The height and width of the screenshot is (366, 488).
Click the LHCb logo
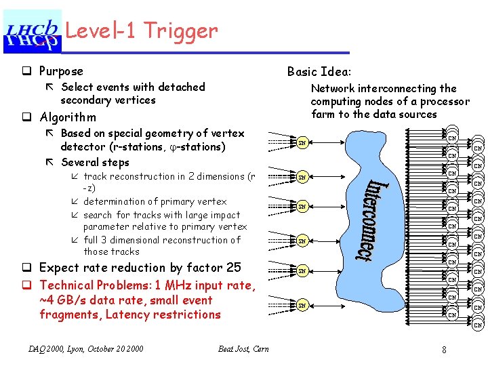(x=33, y=32)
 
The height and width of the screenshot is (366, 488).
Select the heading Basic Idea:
(x=319, y=71)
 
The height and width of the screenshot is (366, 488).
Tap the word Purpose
(x=61, y=71)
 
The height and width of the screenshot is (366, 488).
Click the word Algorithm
(x=68, y=117)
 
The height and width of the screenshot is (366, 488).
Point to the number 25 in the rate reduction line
(x=234, y=268)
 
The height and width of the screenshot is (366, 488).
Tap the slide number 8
(x=443, y=350)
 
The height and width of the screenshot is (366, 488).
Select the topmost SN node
(x=303, y=142)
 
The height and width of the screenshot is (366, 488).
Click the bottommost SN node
(x=303, y=306)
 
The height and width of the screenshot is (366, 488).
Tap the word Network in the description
(x=333, y=88)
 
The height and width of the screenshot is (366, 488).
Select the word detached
(x=182, y=87)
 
